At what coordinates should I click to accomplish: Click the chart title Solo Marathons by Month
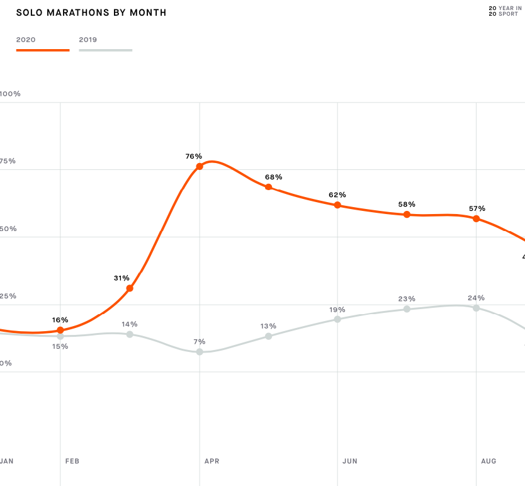click(91, 13)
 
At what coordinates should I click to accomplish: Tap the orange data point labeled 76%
click(200, 166)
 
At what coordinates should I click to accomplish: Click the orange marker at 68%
click(269, 187)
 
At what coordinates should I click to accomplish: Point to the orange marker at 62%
click(337, 205)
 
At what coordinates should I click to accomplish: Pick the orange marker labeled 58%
click(407, 215)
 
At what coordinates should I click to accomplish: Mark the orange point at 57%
click(477, 218)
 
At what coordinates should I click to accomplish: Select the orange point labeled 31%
click(130, 288)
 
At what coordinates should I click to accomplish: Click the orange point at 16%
click(60, 330)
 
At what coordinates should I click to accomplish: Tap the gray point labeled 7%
click(200, 352)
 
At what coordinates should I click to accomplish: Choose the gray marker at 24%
click(477, 308)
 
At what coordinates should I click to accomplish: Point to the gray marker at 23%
click(407, 309)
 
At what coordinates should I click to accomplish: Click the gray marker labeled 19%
click(337, 319)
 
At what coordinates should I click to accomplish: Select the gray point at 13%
click(269, 336)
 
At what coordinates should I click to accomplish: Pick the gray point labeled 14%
click(130, 334)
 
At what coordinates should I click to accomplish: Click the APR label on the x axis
click(212, 461)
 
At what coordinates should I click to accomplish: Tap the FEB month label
click(72, 461)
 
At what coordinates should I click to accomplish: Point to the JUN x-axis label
click(350, 461)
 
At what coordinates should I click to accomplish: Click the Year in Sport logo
click(505, 11)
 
